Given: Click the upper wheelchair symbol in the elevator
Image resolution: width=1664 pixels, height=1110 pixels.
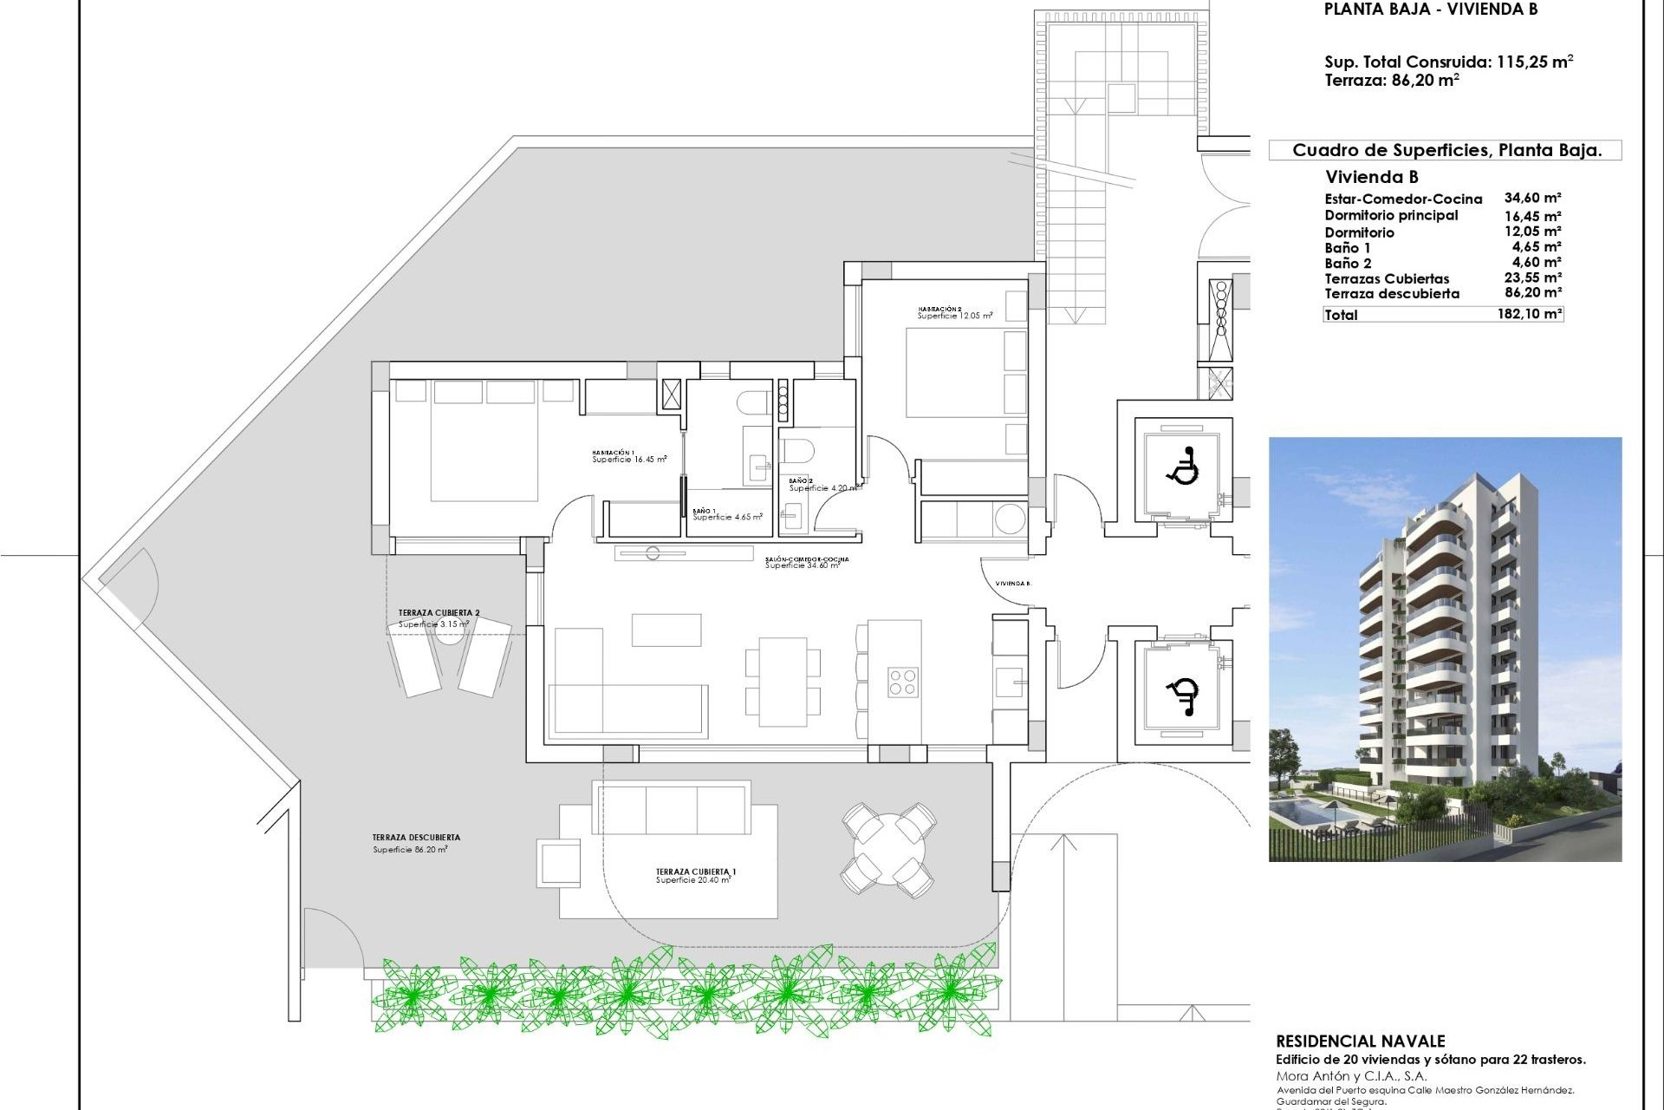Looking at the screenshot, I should (1182, 466).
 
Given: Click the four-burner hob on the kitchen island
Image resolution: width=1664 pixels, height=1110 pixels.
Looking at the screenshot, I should (901, 682).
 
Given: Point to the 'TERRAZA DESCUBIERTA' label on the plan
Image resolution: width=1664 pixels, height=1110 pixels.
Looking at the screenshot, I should (416, 838).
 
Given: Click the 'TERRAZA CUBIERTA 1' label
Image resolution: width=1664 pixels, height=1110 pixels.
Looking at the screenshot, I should (696, 872).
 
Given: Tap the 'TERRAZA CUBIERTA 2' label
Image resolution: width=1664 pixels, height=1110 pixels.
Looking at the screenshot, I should (439, 613).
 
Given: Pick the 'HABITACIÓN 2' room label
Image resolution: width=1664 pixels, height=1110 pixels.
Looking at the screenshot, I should (939, 309).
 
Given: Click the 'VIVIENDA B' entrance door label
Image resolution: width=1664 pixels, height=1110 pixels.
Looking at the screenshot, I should (1012, 584).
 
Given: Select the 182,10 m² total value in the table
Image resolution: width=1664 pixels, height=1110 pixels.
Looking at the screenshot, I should (1529, 314).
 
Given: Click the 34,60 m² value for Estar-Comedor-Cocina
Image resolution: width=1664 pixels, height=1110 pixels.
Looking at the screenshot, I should (1532, 199).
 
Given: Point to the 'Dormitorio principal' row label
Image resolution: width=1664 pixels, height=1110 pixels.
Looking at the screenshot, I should (1391, 215).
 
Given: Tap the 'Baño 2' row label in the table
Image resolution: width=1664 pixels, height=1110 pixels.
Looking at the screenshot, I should (1348, 264).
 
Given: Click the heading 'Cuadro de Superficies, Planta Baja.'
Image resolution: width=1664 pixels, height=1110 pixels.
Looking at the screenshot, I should (1446, 150).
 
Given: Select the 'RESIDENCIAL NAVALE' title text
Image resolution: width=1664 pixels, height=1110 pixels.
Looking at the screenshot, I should (1361, 1041).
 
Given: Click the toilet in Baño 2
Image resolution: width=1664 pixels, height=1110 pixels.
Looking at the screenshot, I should (796, 451).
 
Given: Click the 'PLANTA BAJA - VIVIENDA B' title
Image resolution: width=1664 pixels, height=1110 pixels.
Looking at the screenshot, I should (1430, 10).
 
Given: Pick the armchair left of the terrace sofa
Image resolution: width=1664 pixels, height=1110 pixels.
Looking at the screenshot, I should (559, 863).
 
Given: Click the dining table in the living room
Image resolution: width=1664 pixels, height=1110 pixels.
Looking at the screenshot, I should (783, 682).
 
